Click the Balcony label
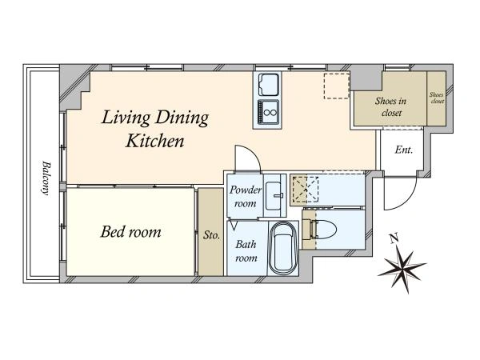[x=46, y=178]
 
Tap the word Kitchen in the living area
[x=155, y=141]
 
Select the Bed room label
[x=130, y=232]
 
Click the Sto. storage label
[x=211, y=235]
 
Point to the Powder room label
[x=246, y=197]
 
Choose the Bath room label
[x=246, y=251]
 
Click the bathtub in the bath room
[x=283, y=247]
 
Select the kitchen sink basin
[x=269, y=85]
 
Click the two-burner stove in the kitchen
[x=269, y=112]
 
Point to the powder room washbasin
[x=274, y=196]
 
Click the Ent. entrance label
[x=404, y=150]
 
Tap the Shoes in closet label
[x=391, y=107]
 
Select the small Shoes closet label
[x=437, y=98]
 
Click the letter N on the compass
[x=394, y=238]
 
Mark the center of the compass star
[x=402, y=266]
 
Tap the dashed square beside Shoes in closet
[x=337, y=86]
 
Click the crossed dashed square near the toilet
[x=306, y=190]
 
